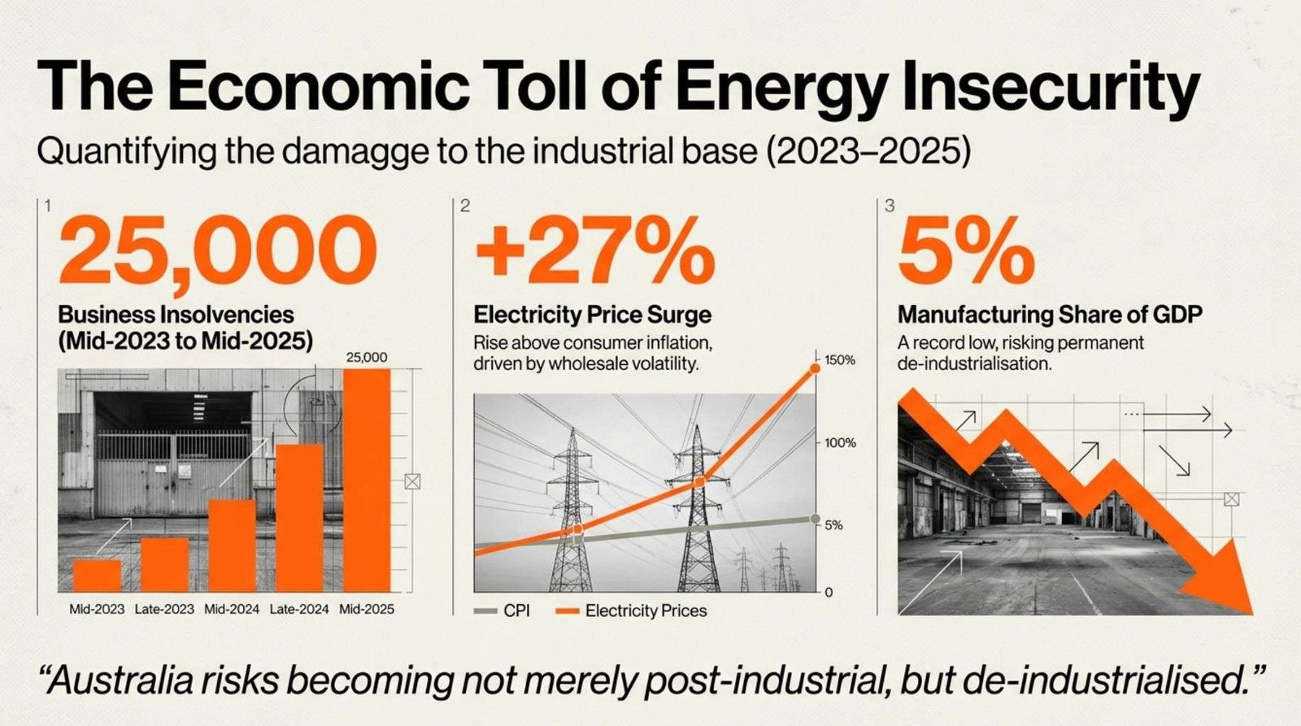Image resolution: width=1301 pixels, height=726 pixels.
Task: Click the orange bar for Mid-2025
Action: click(367, 480)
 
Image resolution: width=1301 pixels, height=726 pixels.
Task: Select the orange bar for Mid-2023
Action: click(97, 575)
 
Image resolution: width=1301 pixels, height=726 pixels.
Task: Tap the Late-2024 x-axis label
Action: click(299, 609)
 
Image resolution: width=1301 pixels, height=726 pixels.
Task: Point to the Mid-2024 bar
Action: click(232, 545)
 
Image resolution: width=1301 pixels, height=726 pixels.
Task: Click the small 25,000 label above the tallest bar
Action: click(367, 357)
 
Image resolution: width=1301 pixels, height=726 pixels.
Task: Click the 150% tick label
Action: click(839, 360)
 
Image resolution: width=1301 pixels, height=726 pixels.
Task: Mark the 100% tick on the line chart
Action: click(839, 443)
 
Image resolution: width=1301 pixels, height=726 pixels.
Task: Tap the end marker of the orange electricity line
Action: click(815, 369)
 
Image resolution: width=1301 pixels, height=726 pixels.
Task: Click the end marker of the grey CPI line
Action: click(815, 519)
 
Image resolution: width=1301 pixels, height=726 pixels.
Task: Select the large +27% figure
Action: click(594, 250)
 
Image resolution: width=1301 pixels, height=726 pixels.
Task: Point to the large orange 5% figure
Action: click(965, 250)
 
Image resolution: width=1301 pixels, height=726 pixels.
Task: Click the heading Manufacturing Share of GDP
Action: click(1050, 315)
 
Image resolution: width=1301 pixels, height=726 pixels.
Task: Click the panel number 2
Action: click(465, 206)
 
